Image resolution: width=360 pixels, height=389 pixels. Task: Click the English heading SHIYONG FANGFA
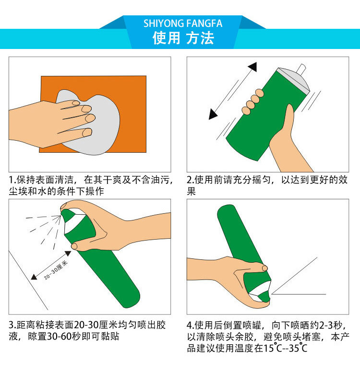pos(183,24)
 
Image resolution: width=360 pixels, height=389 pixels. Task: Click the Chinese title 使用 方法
pos(183,38)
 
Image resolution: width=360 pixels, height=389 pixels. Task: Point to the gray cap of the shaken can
pos(294,79)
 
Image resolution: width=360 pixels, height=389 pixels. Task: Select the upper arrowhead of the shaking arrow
pos(252,66)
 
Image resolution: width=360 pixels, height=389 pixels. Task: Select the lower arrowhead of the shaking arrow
pos(213,114)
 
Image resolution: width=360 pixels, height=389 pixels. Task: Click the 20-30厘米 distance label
pos(56,270)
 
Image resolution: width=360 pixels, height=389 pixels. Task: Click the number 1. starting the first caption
pos(12,180)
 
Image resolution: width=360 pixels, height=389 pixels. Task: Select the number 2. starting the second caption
pos(191,180)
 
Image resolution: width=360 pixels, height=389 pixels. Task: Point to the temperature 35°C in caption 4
pos(298,348)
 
